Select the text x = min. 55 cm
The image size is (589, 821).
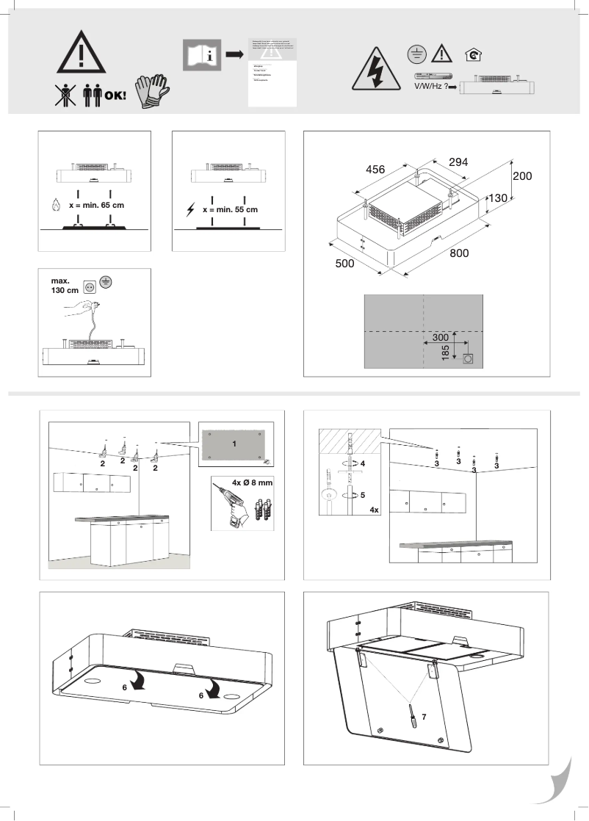(x=230, y=209)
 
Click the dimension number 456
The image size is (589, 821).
(x=375, y=170)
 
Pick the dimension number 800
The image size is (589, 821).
(x=460, y=253)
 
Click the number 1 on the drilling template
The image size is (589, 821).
(x=234, y=444)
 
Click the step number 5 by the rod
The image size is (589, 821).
(x=362, y=495)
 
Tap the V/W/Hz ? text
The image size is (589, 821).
(x=425, y=86)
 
